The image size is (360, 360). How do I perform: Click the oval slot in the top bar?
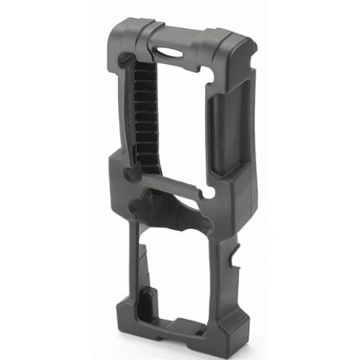click(173, 53)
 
